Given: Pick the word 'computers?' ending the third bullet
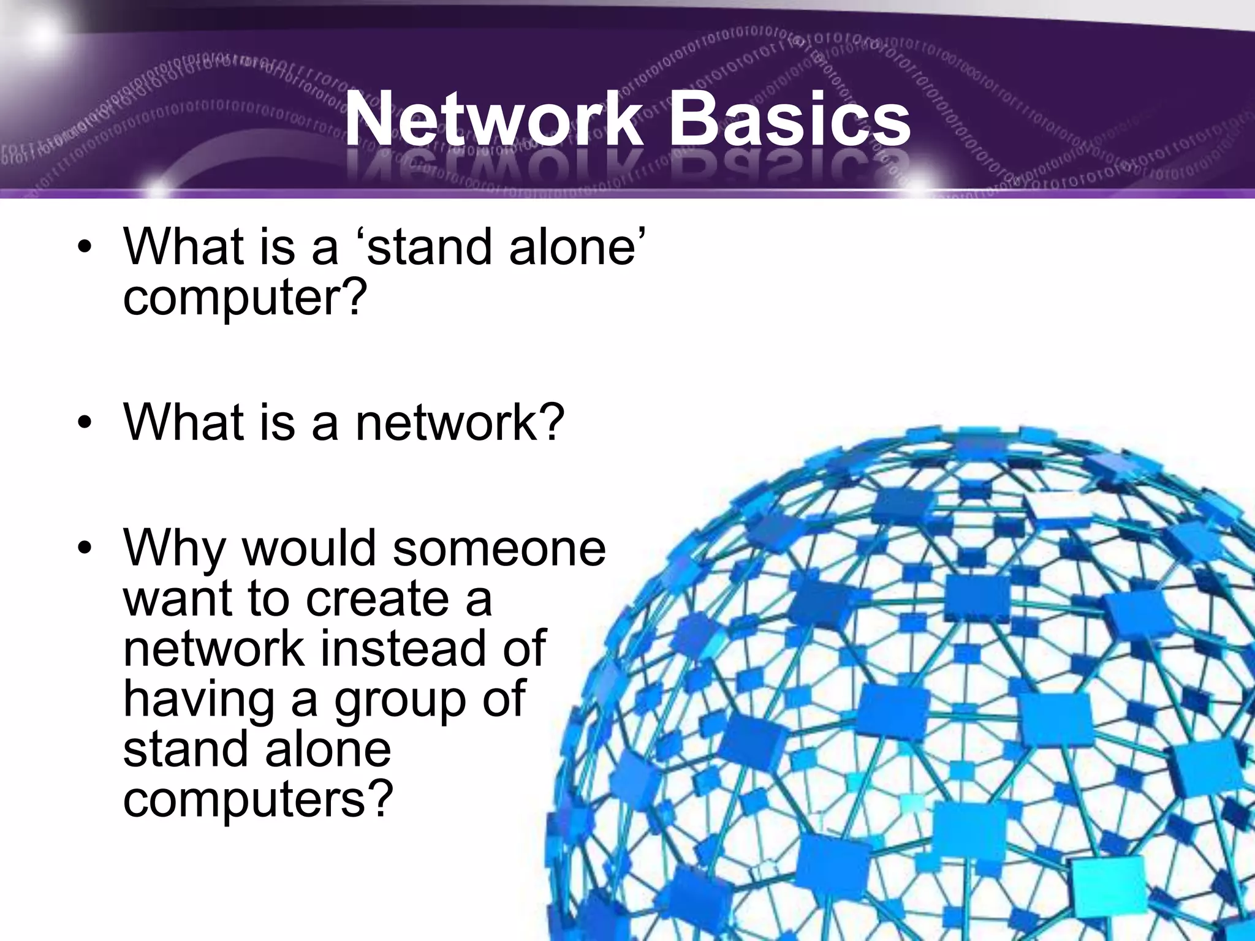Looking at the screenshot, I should [257, 799].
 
